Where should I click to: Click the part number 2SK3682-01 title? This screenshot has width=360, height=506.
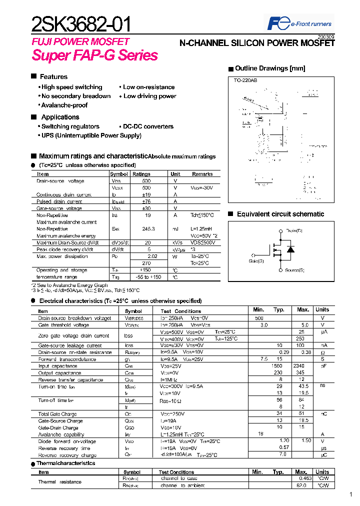(x=82, y=24)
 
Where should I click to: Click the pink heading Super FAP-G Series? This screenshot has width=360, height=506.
(x=95, y=55)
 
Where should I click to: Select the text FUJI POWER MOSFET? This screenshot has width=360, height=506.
(x=80, y=41)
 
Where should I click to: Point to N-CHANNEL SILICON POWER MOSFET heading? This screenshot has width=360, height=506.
(x=257, y=43)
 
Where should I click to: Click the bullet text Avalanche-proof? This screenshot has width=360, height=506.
(x=64, y=105)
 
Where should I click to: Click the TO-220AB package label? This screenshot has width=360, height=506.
(x=245, y=80)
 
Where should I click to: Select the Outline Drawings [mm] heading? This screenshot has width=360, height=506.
(x=270, y=68)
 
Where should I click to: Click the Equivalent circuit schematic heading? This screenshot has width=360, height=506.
(x=280, y=214)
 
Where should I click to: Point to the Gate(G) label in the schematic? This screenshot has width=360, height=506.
(x=256, y=260)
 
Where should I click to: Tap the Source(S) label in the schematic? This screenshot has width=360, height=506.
(x=294, y=270)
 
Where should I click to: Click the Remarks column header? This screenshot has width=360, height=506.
(x=202, y=174)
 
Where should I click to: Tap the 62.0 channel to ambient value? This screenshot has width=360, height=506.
(x=301, y=485)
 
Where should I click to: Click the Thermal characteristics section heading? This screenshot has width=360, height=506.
(x=65, y=463)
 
